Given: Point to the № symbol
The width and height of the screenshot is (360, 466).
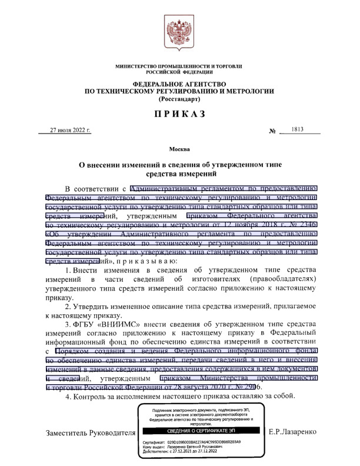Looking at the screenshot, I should [x=272, y=131].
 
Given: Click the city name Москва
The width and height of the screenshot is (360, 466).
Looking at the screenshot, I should [x=179, y=149].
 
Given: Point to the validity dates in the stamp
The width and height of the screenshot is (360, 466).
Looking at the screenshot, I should [x=200, y=451].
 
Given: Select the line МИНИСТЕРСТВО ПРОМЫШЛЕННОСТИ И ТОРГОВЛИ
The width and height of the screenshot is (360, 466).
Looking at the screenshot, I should [x=180, y=66].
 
